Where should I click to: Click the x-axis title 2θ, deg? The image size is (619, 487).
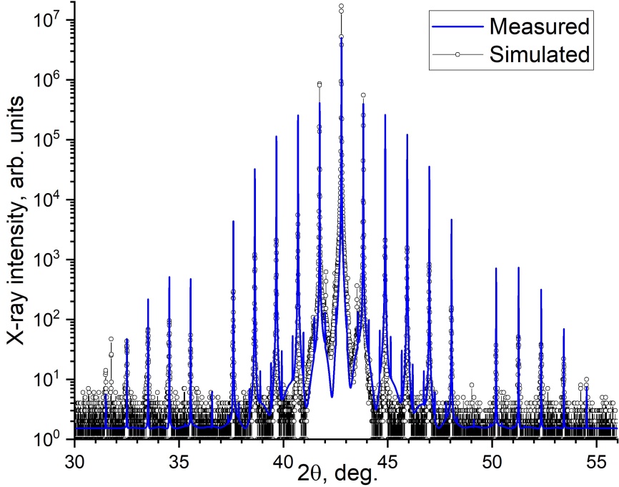click(x=337, y=473)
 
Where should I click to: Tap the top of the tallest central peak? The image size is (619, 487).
click(x=341, y=6)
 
